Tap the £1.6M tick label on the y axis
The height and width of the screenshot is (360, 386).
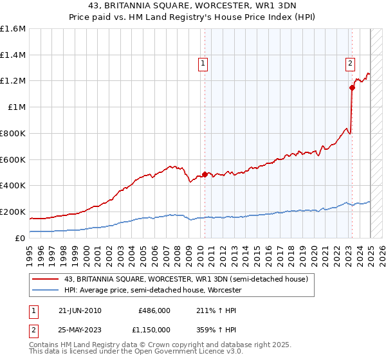coord(13,29)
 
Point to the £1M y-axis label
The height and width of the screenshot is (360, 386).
coord(17,107)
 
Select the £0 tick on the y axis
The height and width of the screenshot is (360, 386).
coord(21,238)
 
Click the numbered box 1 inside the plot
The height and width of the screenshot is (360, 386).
coord(203,63)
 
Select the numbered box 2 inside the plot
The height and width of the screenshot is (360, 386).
coord(350,63)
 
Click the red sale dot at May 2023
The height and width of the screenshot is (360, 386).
coord(352,87)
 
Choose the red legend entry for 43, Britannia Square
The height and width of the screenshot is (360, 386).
coord(187,279)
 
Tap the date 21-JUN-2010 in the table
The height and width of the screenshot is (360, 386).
coord(80,310)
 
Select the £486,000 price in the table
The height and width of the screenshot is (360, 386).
coord(154,310)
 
